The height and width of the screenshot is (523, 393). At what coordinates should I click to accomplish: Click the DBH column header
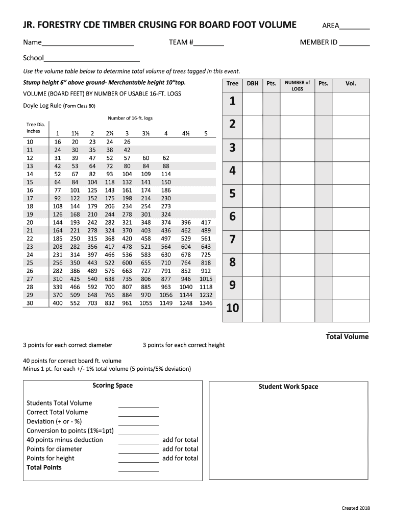pos(252,83)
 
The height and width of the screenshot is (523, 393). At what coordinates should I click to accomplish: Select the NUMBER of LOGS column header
pos(297,85)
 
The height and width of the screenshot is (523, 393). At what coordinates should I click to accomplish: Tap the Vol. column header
pos(351,83)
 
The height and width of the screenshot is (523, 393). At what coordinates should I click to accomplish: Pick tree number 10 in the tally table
pos(232,308)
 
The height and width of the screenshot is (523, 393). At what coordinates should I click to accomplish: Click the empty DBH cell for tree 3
pos(252,148)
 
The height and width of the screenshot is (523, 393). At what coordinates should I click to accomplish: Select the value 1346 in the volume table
pos(206,303)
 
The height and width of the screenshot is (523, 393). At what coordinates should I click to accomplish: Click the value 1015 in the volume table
pos(206,279)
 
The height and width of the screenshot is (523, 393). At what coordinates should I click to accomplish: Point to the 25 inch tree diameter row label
pos(30,263)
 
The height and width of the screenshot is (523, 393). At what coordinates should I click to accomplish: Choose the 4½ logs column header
pos(186,133)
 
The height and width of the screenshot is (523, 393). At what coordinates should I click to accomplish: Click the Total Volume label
pos(347,337)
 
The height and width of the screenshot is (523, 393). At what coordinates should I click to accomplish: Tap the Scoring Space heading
pos(112,385)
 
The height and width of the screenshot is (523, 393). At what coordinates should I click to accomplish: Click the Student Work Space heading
pos(288,387)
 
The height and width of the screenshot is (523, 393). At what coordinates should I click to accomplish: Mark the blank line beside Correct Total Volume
pos(138,412)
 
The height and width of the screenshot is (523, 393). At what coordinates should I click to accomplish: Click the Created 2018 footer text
pos(355,508)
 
